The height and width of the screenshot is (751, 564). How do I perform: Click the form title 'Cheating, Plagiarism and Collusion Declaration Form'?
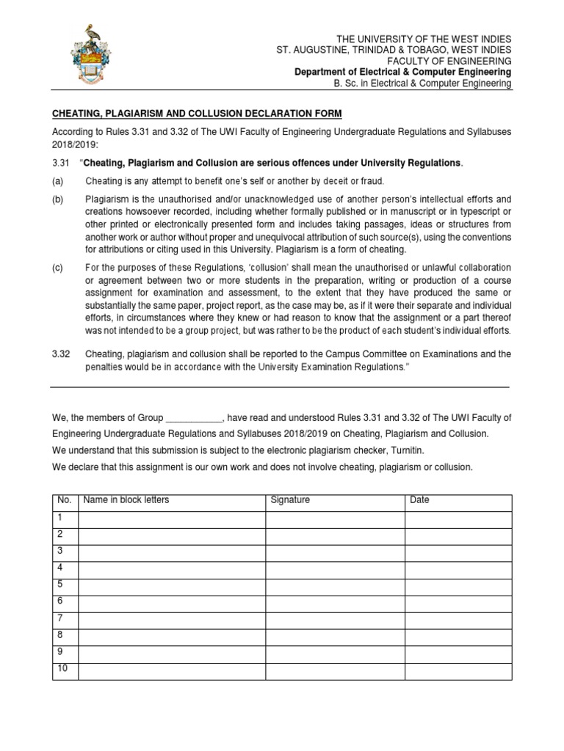coord(196,113)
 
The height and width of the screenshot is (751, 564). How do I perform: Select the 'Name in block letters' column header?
coord(126,500)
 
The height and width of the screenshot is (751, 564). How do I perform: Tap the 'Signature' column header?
coord(290,500)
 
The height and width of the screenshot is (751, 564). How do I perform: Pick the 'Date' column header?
coord(421,500)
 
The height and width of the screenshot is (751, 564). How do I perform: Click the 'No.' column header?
coord(65,500)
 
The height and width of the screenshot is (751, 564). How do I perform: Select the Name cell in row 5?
coord(170,586)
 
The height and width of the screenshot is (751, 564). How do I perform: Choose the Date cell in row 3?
coord(458,552)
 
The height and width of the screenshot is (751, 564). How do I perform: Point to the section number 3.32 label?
coord(60,354)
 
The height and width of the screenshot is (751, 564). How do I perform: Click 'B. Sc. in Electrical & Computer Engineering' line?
coord(422,84)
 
